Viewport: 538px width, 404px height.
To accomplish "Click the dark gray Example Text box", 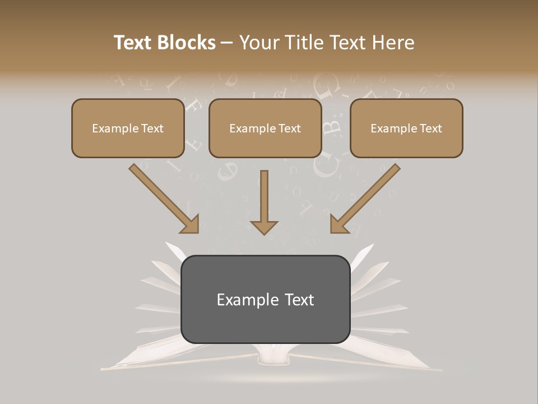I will pyautogui.click(x=266, y=320).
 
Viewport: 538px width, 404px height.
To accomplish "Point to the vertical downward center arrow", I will pyautogui.click(x=264, y=196).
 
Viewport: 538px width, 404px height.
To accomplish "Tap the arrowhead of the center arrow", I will pyautogui.click(x=264, y=227).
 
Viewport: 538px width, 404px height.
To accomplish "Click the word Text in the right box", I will pyautogui.click(x=430, y=128).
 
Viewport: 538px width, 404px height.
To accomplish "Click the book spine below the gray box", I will pyautogui.click(x=273, y=353).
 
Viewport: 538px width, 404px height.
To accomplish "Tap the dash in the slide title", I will pyautogui.click(x=227, y=43).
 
